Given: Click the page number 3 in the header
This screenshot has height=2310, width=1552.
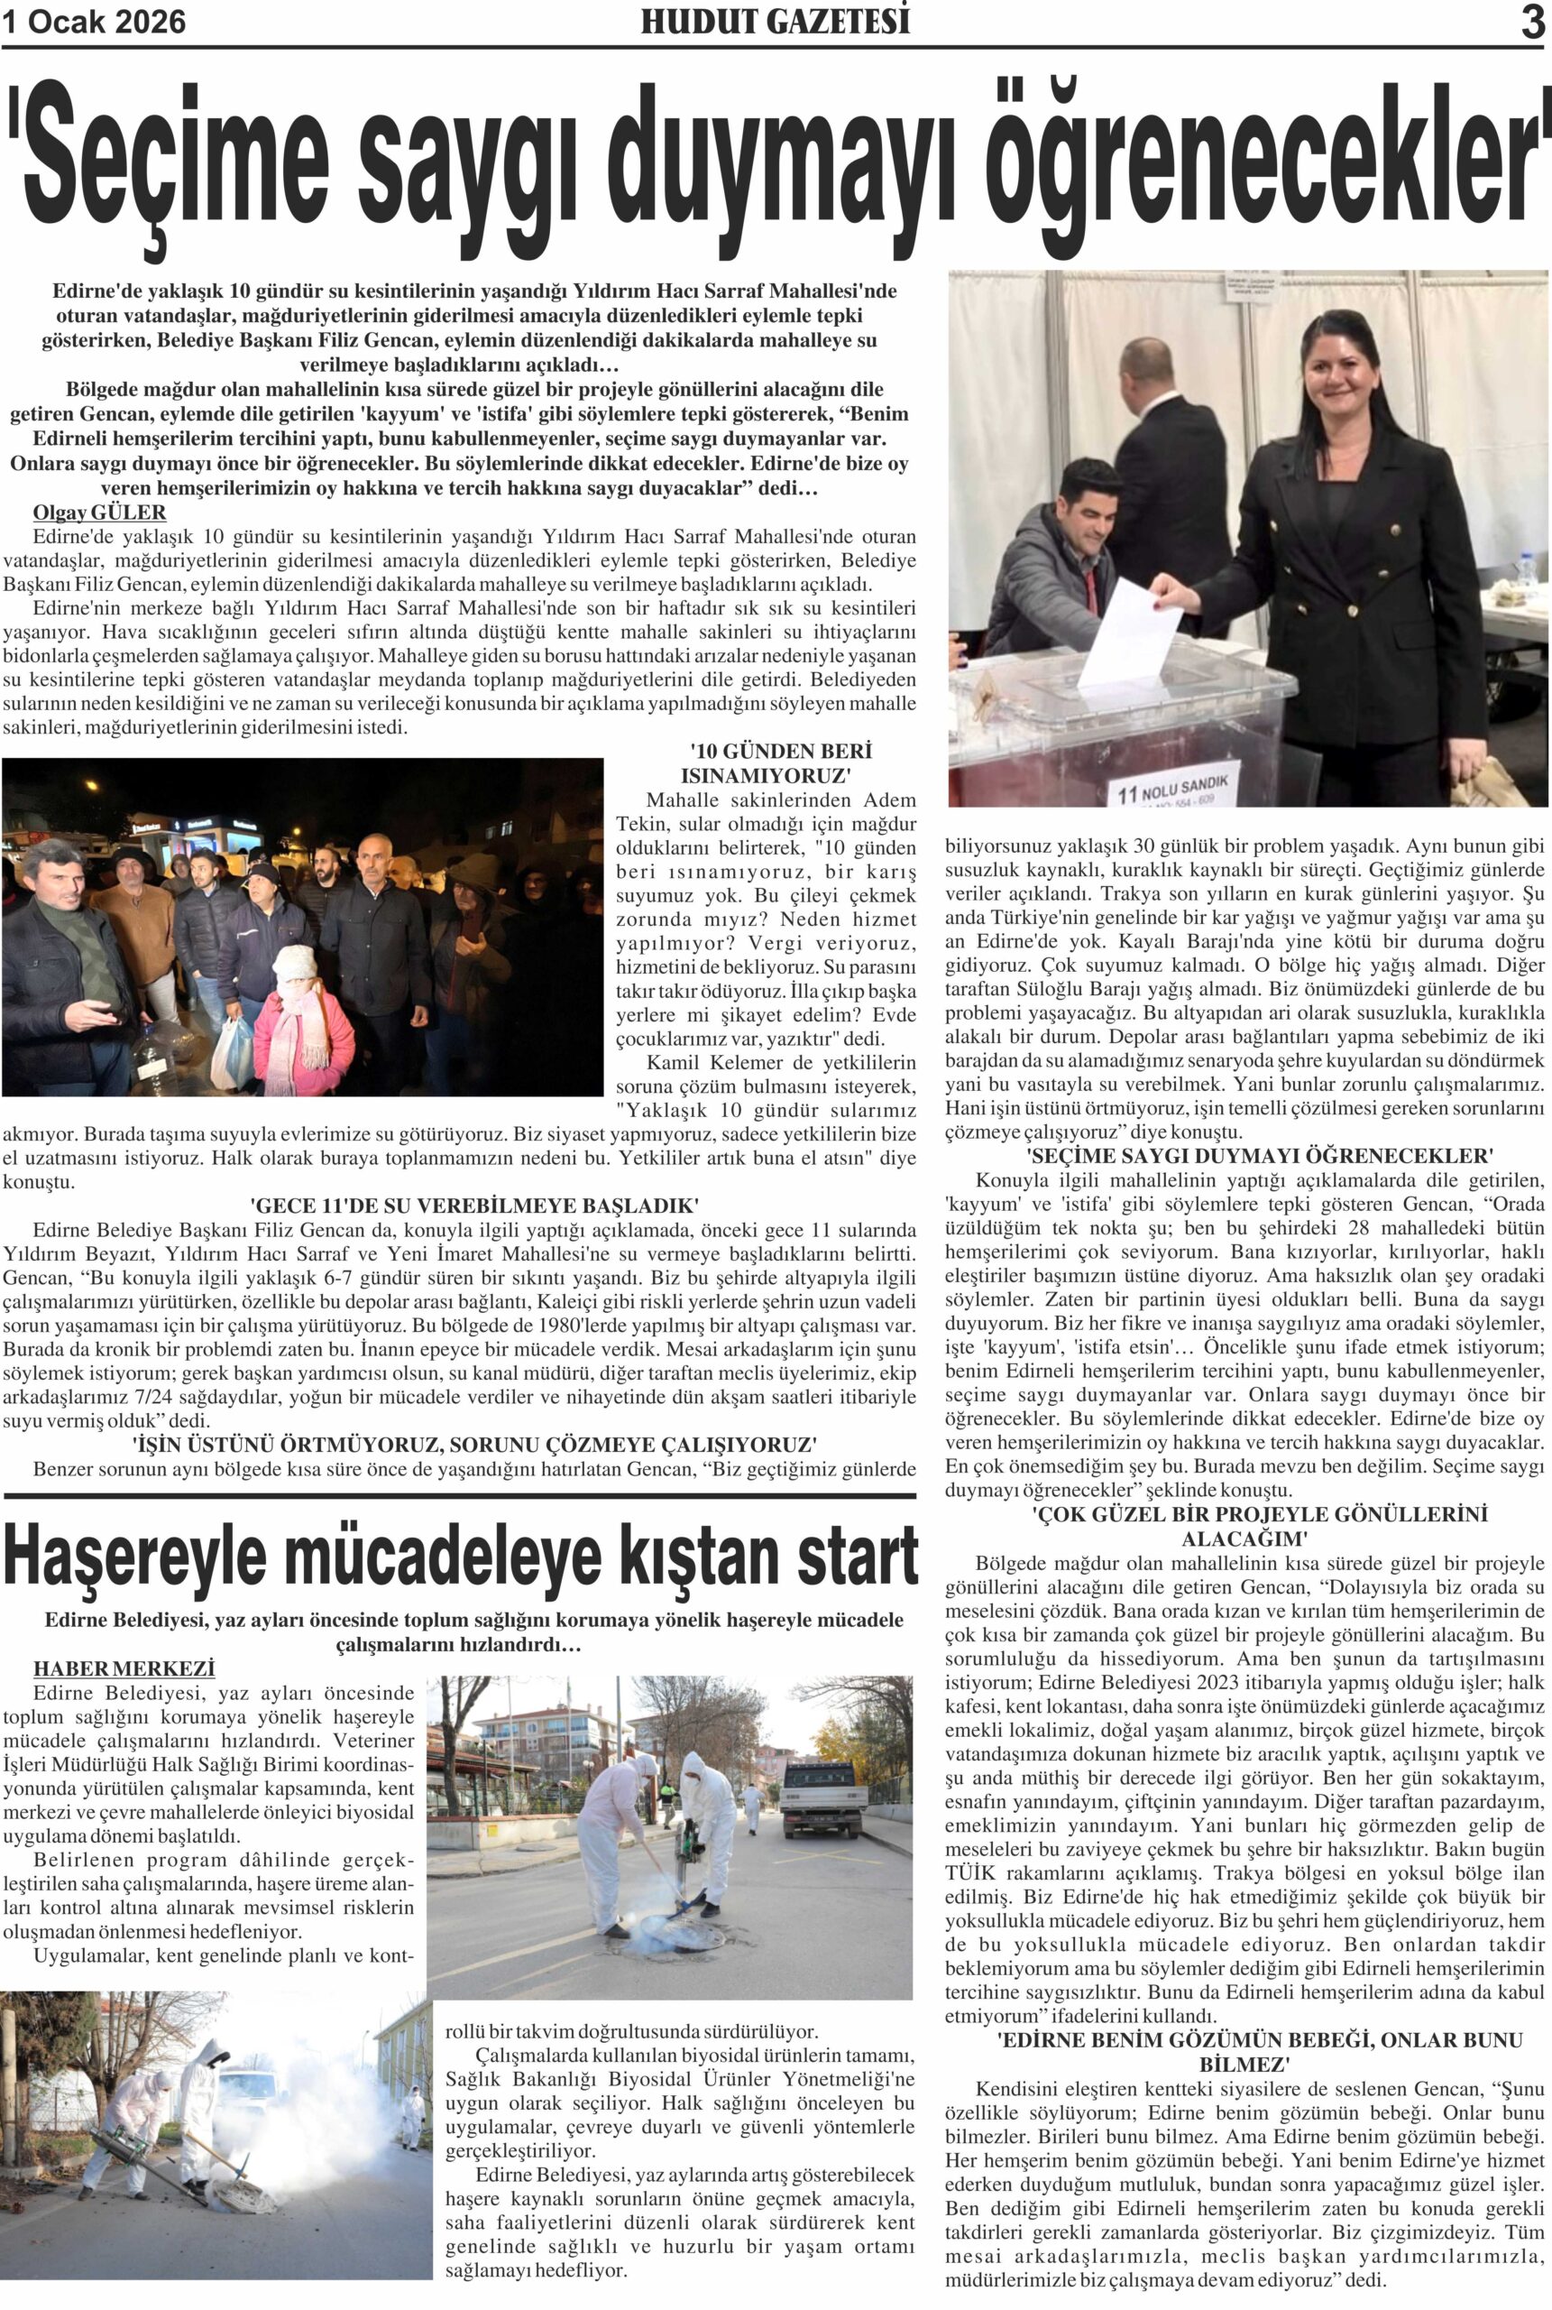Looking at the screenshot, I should [1532, 23].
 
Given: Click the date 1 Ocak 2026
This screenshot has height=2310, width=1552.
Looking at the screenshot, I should [94, 22].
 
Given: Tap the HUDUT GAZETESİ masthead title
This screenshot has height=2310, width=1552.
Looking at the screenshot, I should [775, 22].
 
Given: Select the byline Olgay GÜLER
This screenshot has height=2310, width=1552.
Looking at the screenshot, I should [99, 513].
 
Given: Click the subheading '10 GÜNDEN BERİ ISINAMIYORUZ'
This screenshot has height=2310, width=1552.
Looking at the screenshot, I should [767, 762].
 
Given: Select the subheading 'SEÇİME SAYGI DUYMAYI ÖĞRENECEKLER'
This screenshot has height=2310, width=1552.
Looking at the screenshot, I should [1245, 1156].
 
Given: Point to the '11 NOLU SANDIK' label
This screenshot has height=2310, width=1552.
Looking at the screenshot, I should [1174, 787].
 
